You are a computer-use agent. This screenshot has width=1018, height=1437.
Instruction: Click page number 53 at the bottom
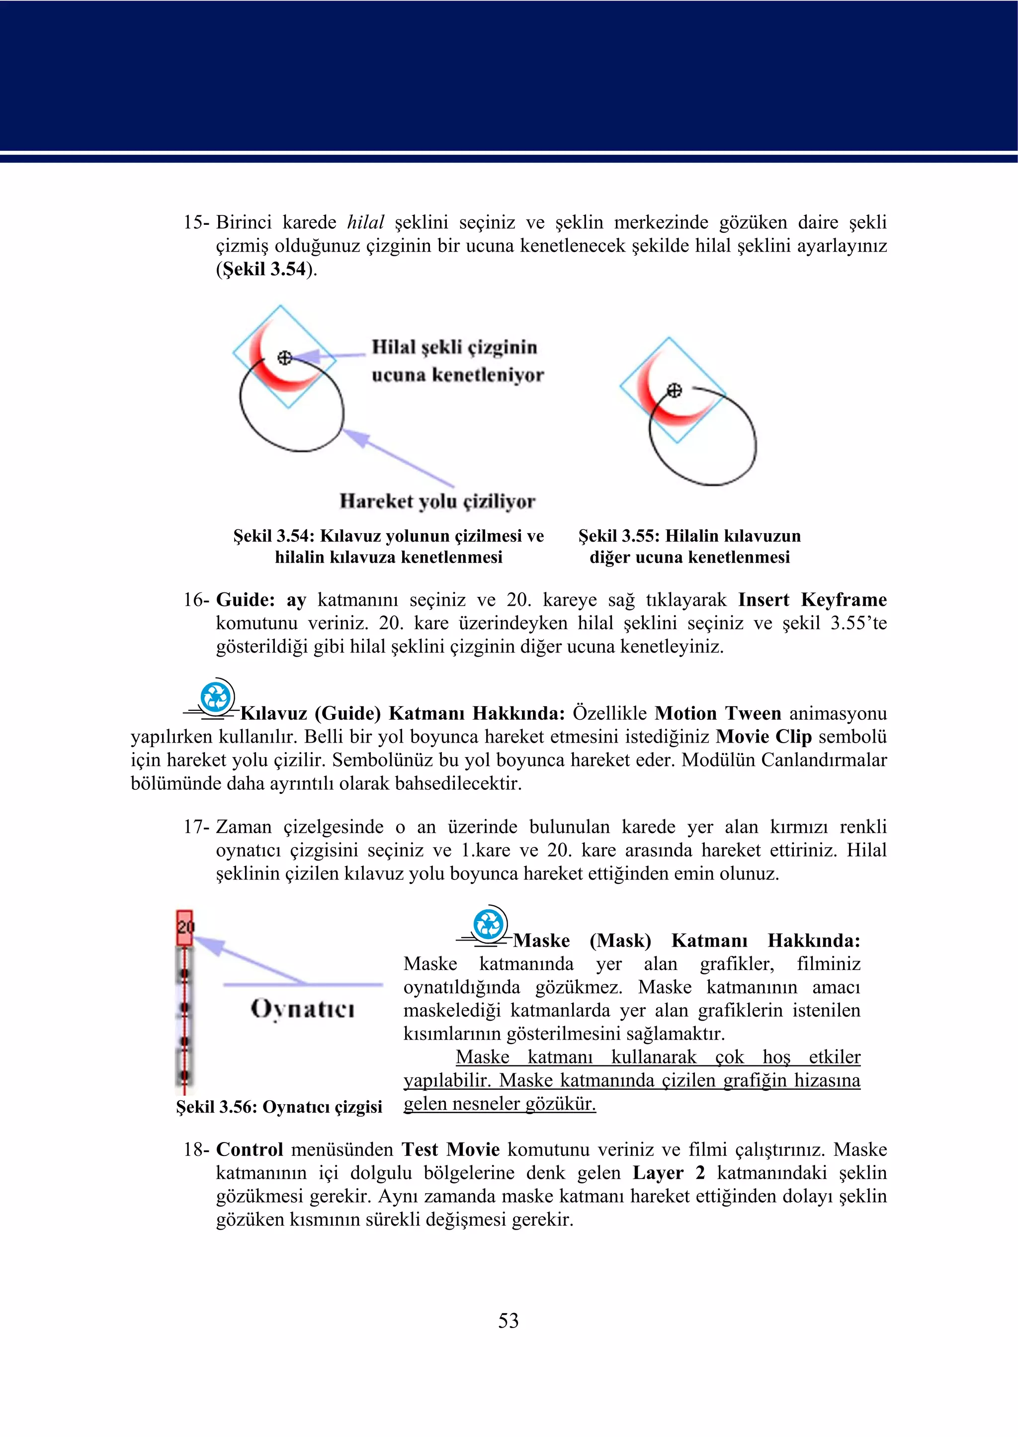coord(509,1321)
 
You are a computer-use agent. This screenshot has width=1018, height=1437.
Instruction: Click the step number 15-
coord(196,223)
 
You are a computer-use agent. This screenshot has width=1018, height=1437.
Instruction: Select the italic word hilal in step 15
coord(365,223)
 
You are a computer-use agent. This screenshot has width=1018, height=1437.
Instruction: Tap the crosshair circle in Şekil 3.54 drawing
coord(285,358)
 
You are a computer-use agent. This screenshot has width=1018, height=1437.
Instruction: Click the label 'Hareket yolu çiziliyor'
coord(437,501)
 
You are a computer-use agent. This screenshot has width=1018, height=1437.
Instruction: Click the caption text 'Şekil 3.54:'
coord(273,536)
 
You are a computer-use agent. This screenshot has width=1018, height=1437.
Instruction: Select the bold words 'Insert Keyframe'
coord(812,600)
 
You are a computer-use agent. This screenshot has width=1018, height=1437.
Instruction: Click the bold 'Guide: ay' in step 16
coord(261,600)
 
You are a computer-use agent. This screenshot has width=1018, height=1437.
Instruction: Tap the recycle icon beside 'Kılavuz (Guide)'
coord(217,697)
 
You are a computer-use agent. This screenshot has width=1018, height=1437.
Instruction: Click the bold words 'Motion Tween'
coord(718,714)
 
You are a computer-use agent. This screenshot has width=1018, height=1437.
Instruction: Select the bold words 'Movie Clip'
coord(763,737)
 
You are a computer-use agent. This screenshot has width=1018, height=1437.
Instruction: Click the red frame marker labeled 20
coord(184,927)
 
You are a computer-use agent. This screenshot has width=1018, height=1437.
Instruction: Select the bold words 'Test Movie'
coord(450,1150)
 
